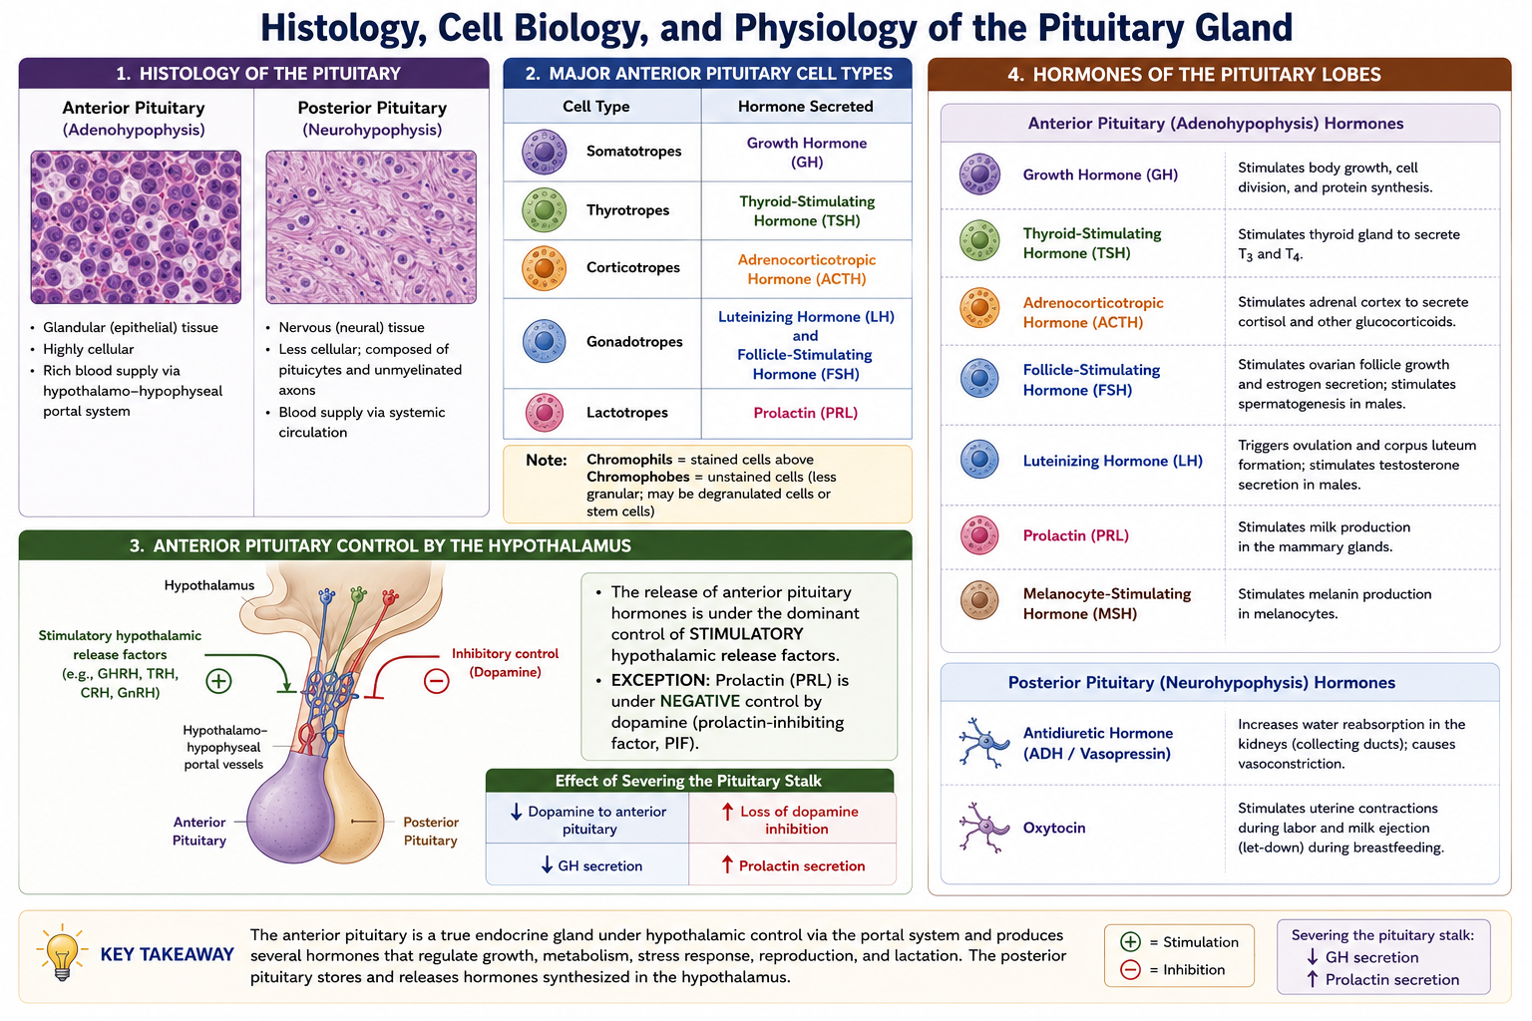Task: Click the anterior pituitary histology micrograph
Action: coord(136,227)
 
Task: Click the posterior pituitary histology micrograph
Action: coord(371,227)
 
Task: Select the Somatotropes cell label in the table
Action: coord(633,152)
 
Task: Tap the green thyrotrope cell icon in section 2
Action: coord(544,210)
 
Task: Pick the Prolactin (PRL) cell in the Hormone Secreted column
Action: coord(806,413)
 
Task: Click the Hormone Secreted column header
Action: coord(805,107)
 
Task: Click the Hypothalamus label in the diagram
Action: coord(209,585)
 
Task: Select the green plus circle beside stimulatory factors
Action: coord(218,681)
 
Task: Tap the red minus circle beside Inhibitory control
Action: coord(436,680)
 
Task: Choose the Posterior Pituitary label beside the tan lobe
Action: coord(431,831)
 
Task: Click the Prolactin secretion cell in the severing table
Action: coord(793,865)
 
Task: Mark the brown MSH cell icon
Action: coord(978,600)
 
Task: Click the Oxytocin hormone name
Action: coord(1054,829)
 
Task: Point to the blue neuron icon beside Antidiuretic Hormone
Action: coord(983,743)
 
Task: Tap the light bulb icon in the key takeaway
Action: coord(62,952)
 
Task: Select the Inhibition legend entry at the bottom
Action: coord(1179,970)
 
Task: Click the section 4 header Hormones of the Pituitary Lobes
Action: coord(1194,75)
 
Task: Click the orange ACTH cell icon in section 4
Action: coord(978,308)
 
